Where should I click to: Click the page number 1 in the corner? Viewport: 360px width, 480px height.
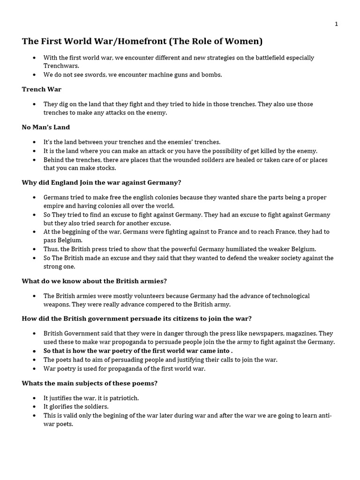pyautogui.click(x=336, y=24)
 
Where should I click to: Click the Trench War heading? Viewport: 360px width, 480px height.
pyautogui.click(x=42, y=89)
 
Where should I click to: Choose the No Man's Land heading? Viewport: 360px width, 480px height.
pyautogui.click(x=45, y=127)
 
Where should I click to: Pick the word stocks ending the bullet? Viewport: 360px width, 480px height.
pyautogui.click(x=105, y=168)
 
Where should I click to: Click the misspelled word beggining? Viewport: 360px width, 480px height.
pyautogui.click(x=77, y=232)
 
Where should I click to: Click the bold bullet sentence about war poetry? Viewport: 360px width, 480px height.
pyautogui.click(x=138, y=351)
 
